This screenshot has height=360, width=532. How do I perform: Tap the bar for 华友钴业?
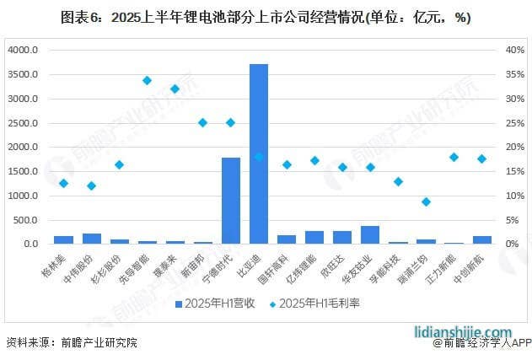[370, 235]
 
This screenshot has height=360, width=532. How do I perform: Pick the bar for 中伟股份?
[92, 239]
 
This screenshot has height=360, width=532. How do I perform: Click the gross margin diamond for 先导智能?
[147, 80]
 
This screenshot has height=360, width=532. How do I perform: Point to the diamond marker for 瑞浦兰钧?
[427, 201]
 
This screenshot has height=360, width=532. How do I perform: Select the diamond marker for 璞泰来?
[175, 89]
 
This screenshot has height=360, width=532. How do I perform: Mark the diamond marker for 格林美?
[63, 183]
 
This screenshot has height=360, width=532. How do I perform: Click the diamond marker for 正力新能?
[454, 157]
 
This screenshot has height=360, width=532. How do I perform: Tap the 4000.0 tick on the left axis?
[24, 50]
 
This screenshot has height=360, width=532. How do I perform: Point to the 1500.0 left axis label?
[24, 171]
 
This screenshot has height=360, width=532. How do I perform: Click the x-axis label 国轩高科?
[282, 266]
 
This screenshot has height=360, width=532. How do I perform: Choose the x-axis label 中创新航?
[477, 266]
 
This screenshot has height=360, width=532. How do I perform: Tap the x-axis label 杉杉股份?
[116, 266]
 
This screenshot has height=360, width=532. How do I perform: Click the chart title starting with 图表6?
[266, 17]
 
